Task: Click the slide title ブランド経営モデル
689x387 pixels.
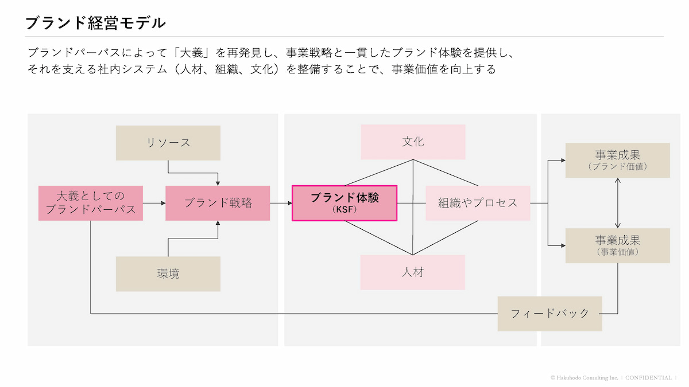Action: pyautogui.click(x=95, y=23)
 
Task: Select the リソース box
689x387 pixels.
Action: pyautogui.click(x=168, y=143)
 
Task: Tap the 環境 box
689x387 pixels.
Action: pyautogui.click(x=168, y=273)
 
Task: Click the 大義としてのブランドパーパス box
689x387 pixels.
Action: pyautogui.click(x=91, y=203)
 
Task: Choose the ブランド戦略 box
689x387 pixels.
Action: pyautogui.click(x=218, y=203)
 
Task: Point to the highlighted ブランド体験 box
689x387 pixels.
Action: pyautogui.click(x=344, y=203)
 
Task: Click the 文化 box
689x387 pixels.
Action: pyautogui.click(x=413, y=142)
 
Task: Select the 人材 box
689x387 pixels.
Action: pyautogui.click(x=413, y=272)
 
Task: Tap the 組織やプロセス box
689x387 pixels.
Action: pyautogui.click(x=478, y=203)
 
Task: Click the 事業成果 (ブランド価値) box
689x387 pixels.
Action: pyautogui.click(x=617, y=160)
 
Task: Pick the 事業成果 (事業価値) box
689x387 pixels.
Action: pyautogui.click(x=617, y=245)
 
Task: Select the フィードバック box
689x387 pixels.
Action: pyautogui.click(x=549, y=314)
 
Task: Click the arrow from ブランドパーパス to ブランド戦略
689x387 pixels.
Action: pyautogui.click(x=154, y=203)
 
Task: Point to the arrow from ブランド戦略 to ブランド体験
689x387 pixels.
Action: pyautogui.click(x=281, y=203)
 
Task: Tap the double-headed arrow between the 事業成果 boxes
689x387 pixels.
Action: pyautogui.click(x=618, y=202)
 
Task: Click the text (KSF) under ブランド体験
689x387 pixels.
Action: pyautogui.click(x=344, y=210)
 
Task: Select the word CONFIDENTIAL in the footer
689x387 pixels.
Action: pyautogui.click(x=648, y=378)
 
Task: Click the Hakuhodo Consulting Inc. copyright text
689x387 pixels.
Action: pyautogui.click(x=585, y=378)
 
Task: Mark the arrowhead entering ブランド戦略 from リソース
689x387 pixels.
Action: pyautogui.click(x=218, y=182)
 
